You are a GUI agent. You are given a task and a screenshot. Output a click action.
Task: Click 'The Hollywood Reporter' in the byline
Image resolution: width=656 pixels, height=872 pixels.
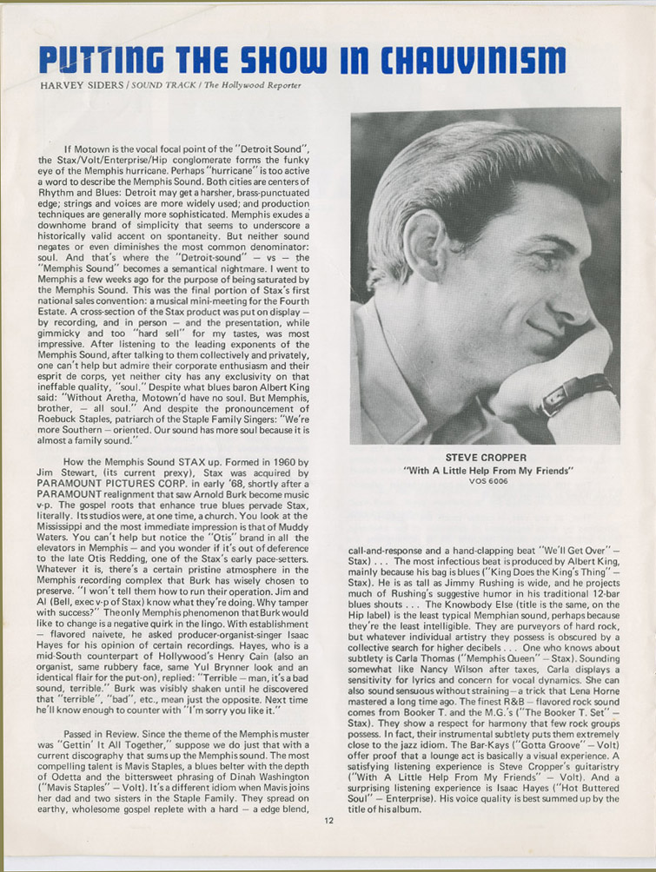point(248,84)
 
